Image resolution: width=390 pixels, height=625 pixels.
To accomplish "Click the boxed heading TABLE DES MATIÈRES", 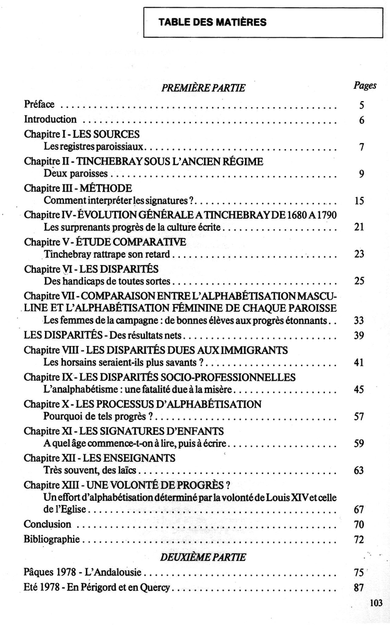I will click(x=212, y=23).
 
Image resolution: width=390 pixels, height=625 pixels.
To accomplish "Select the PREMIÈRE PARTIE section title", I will click(x=203, y=88).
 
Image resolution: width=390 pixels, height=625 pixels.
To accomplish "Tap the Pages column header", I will click(x=364, y=86).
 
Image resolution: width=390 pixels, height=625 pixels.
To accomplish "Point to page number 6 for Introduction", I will click(x=361, y=120).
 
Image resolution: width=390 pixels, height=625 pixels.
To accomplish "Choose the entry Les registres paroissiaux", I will click(x=94, y=147).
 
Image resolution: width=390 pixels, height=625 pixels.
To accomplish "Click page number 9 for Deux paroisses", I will click(x=361, y=174).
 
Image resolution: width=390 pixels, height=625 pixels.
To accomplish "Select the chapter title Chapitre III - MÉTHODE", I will click(x=78, y=188).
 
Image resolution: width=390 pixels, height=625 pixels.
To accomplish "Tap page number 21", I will click(x=359, y=228).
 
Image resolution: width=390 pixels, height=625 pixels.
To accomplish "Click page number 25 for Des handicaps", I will click(x=359, y=281).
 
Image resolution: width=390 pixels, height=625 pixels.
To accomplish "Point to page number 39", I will click(x=359, y=336).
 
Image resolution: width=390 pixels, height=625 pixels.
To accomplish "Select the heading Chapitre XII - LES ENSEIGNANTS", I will click(x=99, y=457).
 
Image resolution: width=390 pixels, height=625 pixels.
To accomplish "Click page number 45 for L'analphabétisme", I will click(x=359, y=390).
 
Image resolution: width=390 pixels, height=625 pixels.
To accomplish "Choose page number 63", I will click(x=359, y=471).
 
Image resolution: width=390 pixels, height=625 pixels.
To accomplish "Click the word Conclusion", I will click(x=48, y=524).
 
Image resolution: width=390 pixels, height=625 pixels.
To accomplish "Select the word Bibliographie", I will click(x=52, y=539).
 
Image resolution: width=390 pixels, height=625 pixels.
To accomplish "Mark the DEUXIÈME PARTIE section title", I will click(x=203, y=557).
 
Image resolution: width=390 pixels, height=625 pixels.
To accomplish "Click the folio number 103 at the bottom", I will click(x=375, y=603).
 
